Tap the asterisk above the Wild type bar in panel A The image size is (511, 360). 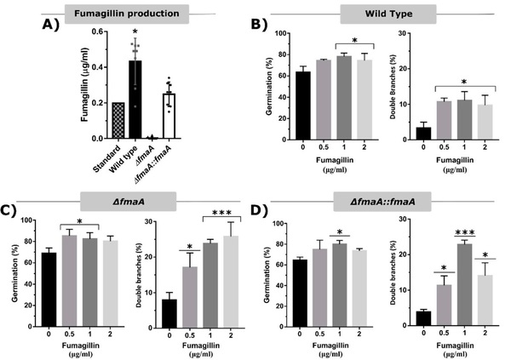coord(135,32)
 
